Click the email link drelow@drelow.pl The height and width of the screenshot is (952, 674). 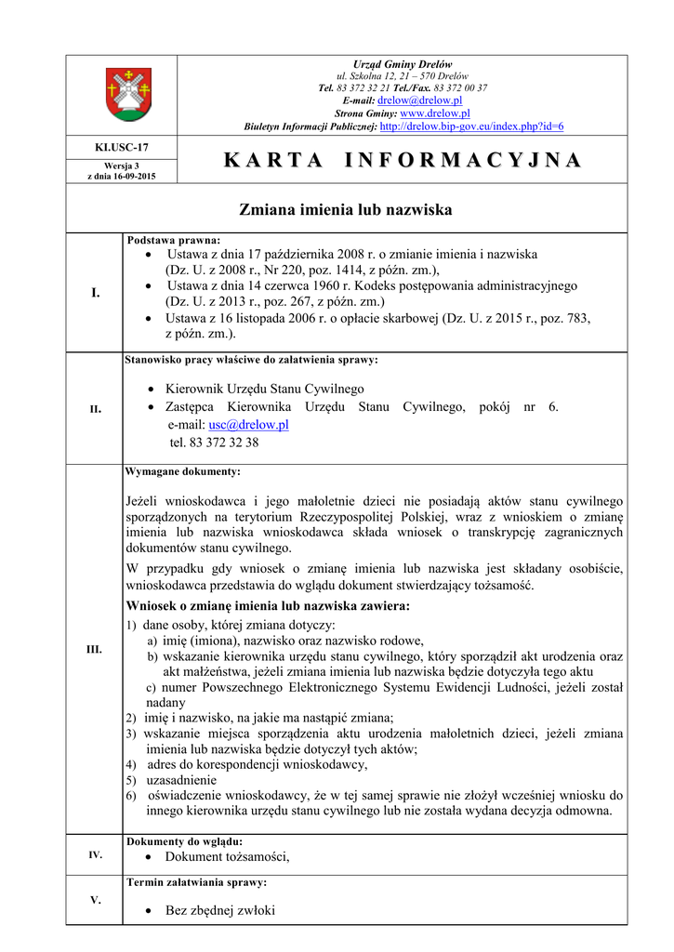coord(420,99)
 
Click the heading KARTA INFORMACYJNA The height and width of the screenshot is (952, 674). coord(403,160)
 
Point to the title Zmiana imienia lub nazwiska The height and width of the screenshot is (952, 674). coord(346,210)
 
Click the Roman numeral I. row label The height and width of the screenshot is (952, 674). coord(95,293)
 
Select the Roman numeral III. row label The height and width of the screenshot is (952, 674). coord(95,649)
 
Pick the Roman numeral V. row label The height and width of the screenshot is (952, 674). coord(95,900)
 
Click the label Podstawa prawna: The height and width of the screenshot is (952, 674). coord(174,239)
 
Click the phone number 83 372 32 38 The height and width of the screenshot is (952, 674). coord(214,443)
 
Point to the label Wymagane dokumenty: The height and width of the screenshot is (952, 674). coord(183,471)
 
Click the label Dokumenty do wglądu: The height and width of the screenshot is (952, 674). coord(184,841)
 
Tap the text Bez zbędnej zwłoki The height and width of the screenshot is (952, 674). coord(220,910)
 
